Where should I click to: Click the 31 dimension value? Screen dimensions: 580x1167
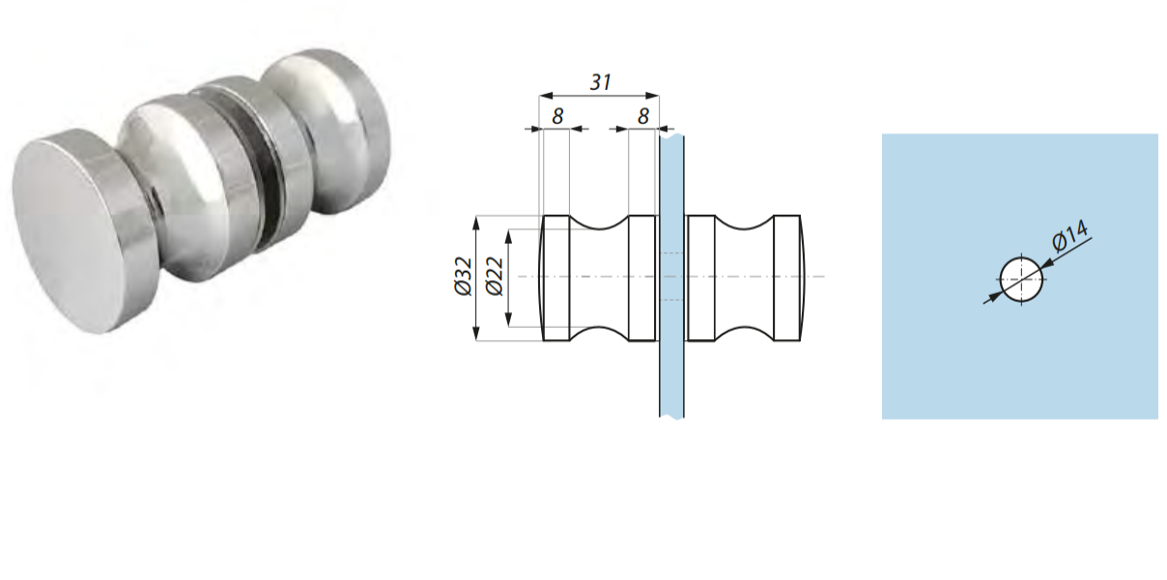600,83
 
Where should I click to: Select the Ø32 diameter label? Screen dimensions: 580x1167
463,277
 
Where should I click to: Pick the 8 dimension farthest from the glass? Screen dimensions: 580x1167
556,116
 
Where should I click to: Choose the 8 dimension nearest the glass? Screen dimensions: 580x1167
642,116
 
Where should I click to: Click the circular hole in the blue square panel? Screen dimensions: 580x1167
1023,279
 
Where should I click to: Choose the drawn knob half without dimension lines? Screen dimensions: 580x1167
743,278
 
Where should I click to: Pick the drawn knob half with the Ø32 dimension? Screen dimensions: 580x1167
599,278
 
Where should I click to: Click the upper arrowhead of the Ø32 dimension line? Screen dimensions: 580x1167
475,222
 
